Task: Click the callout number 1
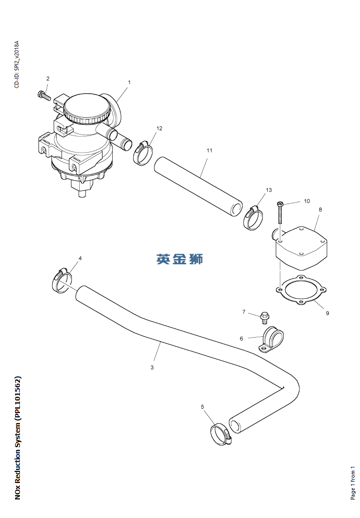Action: [129, 83]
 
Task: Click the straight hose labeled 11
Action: [198, 185]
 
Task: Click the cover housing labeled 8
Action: [302, 247]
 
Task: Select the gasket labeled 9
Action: [300, 292]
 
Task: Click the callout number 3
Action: [152, 367]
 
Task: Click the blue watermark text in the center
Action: [179, 259]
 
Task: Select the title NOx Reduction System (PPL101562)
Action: [18, 437]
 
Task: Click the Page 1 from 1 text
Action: [353, 483]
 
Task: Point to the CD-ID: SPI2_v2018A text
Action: [17, 64]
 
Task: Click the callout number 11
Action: [209, 151]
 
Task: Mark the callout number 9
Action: [327, 313]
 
